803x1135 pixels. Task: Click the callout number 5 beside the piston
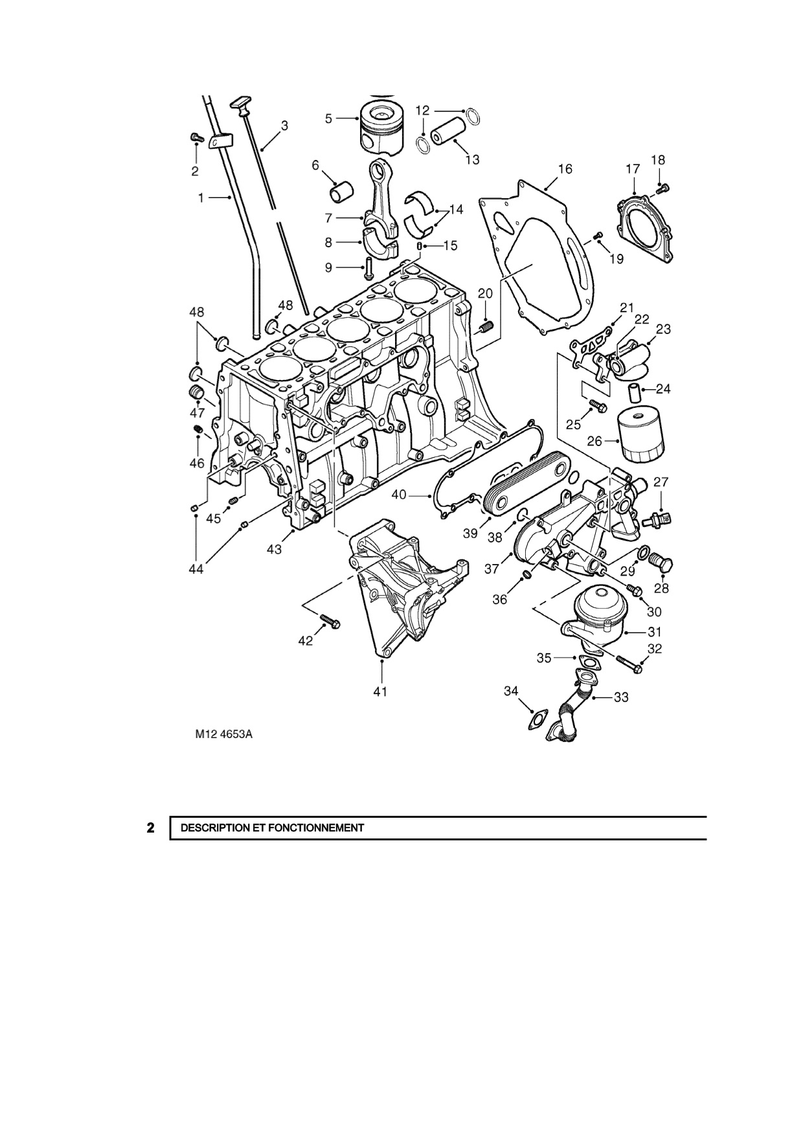click(328, 118)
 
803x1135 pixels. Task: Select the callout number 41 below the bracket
click(380, 691)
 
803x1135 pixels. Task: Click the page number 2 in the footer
click(150, 827)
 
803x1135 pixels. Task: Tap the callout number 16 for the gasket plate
click(565, 169)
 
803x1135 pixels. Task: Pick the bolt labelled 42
click(330, 623)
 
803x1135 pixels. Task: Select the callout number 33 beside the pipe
click(621, 697)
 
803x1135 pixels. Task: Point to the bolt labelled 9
click(368, 268)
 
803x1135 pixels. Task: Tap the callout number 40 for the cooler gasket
click(399, 495)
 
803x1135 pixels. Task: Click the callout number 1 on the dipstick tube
click(201, 197)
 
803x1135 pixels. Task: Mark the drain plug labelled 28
click(662, 565)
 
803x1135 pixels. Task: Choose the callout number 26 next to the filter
click(594, 442)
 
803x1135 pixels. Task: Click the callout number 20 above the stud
click(485, 293)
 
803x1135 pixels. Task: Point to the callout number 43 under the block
click(274, 549)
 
